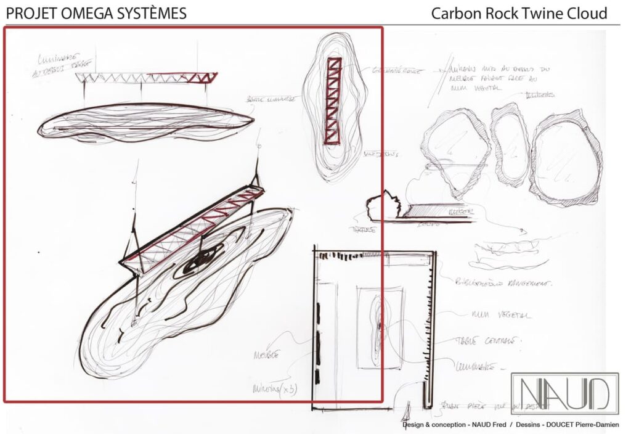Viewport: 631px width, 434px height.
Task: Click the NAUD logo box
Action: click(564, 393)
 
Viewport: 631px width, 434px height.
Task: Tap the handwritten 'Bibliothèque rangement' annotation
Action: click(503, 283)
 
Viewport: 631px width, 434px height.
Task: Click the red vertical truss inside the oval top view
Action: click(335, 100)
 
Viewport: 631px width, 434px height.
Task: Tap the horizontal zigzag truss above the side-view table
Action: click(146, 78)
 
